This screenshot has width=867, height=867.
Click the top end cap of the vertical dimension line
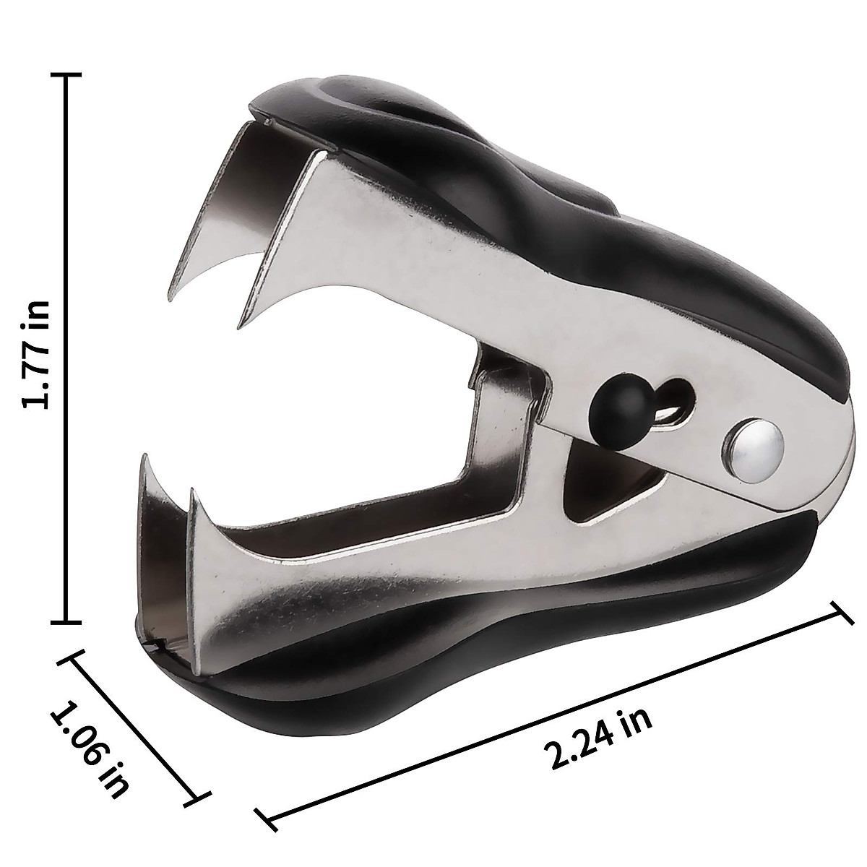(x=68, y=74)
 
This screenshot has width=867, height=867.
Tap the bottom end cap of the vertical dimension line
(x=68, y=621)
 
